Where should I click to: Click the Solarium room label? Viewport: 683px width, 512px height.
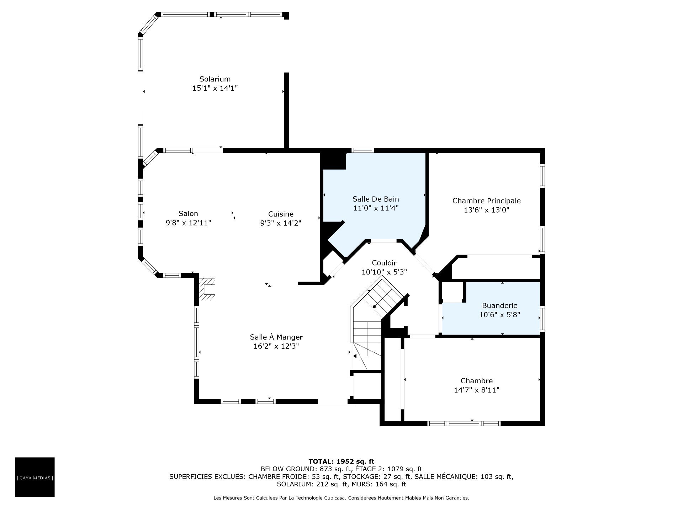tap(215, 79)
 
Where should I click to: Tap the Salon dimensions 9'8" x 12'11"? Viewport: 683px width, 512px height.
tap(189, 223)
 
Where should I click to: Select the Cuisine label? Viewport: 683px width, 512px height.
tap(281, 214)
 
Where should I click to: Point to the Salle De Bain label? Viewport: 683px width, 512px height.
tap(376, 199)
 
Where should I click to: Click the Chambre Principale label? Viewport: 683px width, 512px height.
tap(487, 201)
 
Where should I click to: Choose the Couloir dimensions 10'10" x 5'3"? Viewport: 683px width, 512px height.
tap(384, 272)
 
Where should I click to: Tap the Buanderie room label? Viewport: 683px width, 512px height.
tap(500, 305)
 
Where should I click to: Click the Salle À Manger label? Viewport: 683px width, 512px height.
tap(276, 337)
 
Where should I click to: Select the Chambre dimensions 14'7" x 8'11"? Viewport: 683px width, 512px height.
tap(477, 390)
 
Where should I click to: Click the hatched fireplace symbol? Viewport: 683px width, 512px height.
tap(207, 289)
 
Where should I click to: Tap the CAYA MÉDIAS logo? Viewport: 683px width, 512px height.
tap(35, 477)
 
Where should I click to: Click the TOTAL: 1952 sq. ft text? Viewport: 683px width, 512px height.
tap(341, 462)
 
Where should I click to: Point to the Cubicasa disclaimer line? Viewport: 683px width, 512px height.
tap(341, 498)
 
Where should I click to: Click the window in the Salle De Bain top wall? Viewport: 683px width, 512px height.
tap(363, 150)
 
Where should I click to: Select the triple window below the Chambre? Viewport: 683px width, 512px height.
tap(464, 423)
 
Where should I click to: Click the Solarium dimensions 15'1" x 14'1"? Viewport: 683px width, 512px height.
tap(215, 88)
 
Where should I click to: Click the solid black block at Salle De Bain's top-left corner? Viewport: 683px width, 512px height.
tap(333, 161)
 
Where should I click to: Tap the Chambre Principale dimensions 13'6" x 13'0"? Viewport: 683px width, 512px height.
tap(487, 210)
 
